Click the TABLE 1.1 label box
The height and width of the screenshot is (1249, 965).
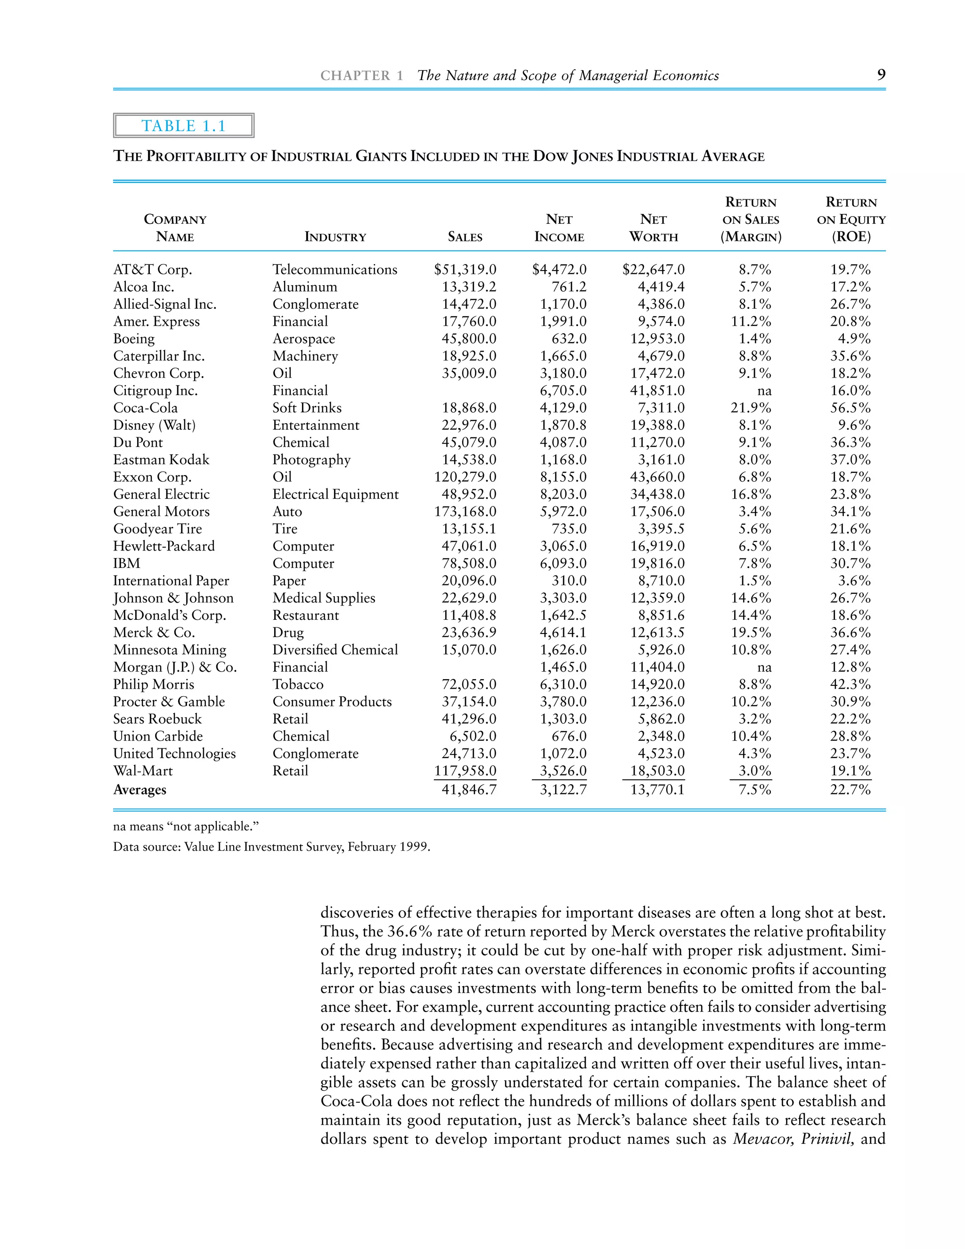[183, 126]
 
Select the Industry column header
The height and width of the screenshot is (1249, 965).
[335, 237]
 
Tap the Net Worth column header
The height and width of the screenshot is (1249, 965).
[654, 228]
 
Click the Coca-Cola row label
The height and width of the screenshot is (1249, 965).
[145, 408]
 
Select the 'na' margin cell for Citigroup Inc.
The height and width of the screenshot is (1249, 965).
[764, 391]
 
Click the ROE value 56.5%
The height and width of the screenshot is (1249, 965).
[850, 408]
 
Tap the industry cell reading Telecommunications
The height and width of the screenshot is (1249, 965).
[335, 269]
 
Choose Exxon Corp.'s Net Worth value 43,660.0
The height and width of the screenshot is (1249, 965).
[657, 477]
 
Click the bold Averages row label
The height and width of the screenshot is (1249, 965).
[139, 790]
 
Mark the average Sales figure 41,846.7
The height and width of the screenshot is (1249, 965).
[469, 790]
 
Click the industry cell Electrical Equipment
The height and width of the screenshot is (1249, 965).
[335, 494]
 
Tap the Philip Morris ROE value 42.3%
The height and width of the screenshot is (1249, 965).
[850, 684]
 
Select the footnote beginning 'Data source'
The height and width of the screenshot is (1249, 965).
[271, 846]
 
